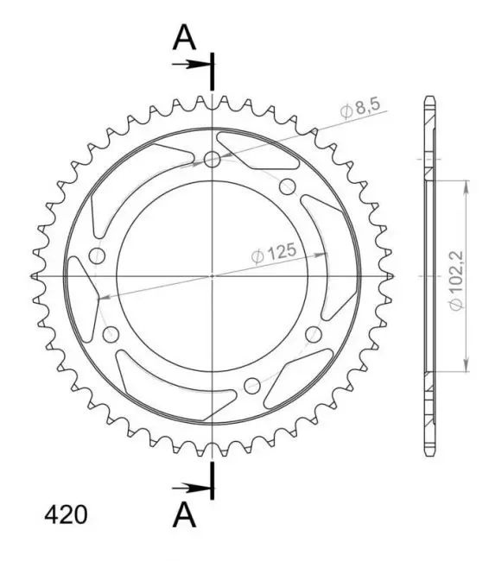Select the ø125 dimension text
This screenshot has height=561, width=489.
(x=274, y=253)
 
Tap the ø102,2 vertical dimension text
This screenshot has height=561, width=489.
(x=457, y=280)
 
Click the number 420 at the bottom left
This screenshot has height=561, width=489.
(x=66, y=515)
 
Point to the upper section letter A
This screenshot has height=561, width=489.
(x=184, y=38)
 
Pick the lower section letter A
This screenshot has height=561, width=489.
(x=184, y=514)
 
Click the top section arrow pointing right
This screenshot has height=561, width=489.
(x=191, y=65)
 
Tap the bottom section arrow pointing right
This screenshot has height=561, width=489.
(x=191, y=488)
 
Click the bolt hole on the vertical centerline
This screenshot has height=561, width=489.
(x=212, y=159)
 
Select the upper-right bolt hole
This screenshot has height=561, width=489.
(x=287, y=186)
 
